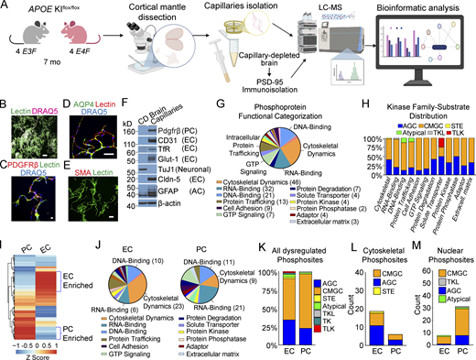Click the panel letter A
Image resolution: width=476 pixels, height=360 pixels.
[6, 7]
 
